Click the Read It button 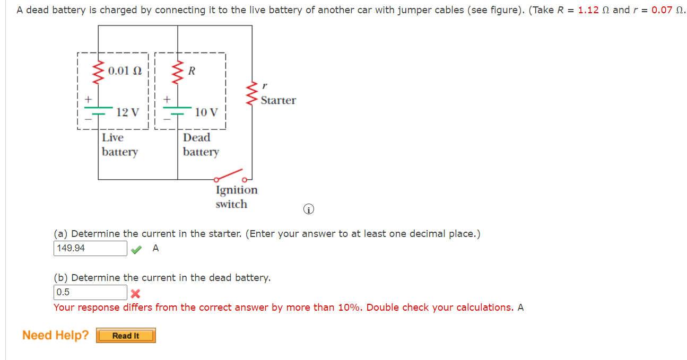click(x=126, y=336)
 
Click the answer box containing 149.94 click(x=90, y=248)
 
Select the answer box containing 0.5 click(x=90, y=292)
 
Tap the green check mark click(x=136, y=249)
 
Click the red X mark click(x=135, y=293)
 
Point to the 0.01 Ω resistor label click(x=125, y=71)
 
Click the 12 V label click(x=127, y=112)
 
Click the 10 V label click(x=206, y=112)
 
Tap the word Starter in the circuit click(x=278, y=100)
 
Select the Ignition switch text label click(x=236, y=197)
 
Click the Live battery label click(x=119, y=144)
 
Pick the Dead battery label click(x=201, y=144)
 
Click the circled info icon click(x=308, y=209)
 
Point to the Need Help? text click(x=55, y=335)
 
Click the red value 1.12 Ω click(x=594, y=10)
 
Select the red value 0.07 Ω click(x=664, y=10)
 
